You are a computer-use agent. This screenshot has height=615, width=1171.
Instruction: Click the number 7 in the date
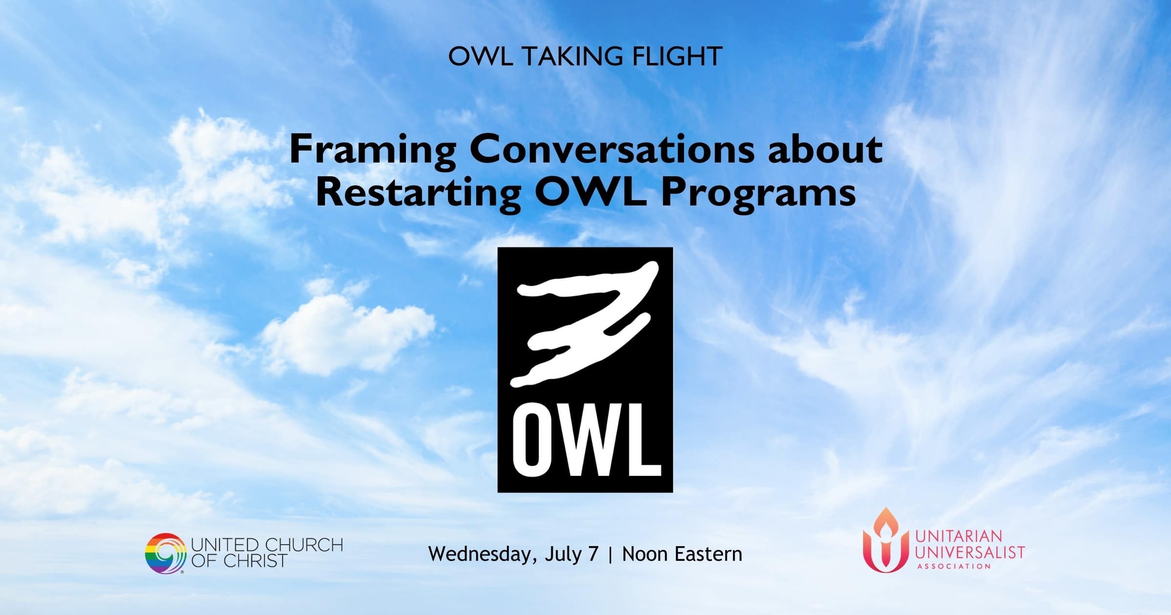click(593, 554)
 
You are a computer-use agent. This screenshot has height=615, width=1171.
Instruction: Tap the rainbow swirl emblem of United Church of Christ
click(165, 553)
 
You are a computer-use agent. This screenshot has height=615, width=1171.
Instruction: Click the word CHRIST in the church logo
click(255, 561)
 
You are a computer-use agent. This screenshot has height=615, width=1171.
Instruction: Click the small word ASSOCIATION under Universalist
click(954, 567)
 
